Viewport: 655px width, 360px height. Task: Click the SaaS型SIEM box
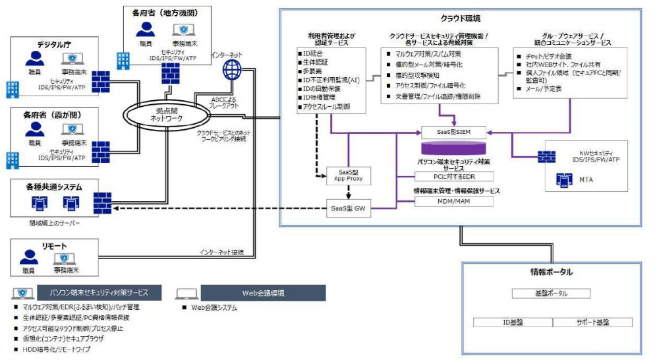(454, 131)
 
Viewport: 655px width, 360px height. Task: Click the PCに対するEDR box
(454, 176)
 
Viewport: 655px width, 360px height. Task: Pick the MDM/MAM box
(454, 201)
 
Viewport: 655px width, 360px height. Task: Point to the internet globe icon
(232, 68)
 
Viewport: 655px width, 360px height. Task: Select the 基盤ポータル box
(551, 293)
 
